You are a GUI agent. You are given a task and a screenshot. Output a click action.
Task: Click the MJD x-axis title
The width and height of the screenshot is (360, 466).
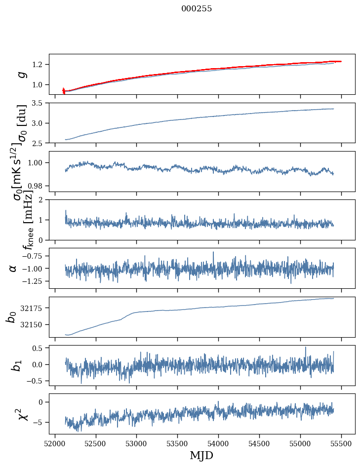pos(201,455)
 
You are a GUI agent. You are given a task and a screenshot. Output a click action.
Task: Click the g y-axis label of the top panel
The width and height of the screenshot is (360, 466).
pos(22,74)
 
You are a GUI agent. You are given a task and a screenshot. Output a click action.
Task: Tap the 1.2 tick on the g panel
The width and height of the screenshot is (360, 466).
pos(39,65)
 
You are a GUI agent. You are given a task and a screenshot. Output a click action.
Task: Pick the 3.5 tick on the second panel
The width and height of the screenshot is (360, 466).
pos(39,103)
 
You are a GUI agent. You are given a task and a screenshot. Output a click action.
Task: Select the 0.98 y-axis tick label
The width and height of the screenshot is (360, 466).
pos(36,186)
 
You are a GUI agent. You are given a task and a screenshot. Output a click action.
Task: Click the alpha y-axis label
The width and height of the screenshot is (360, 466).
pos(13,268)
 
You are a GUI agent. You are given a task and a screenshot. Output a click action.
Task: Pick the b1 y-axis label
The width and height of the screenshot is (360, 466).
pos(17,365)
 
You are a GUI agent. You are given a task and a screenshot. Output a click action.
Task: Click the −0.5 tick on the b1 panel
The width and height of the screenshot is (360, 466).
pos(35,381)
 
